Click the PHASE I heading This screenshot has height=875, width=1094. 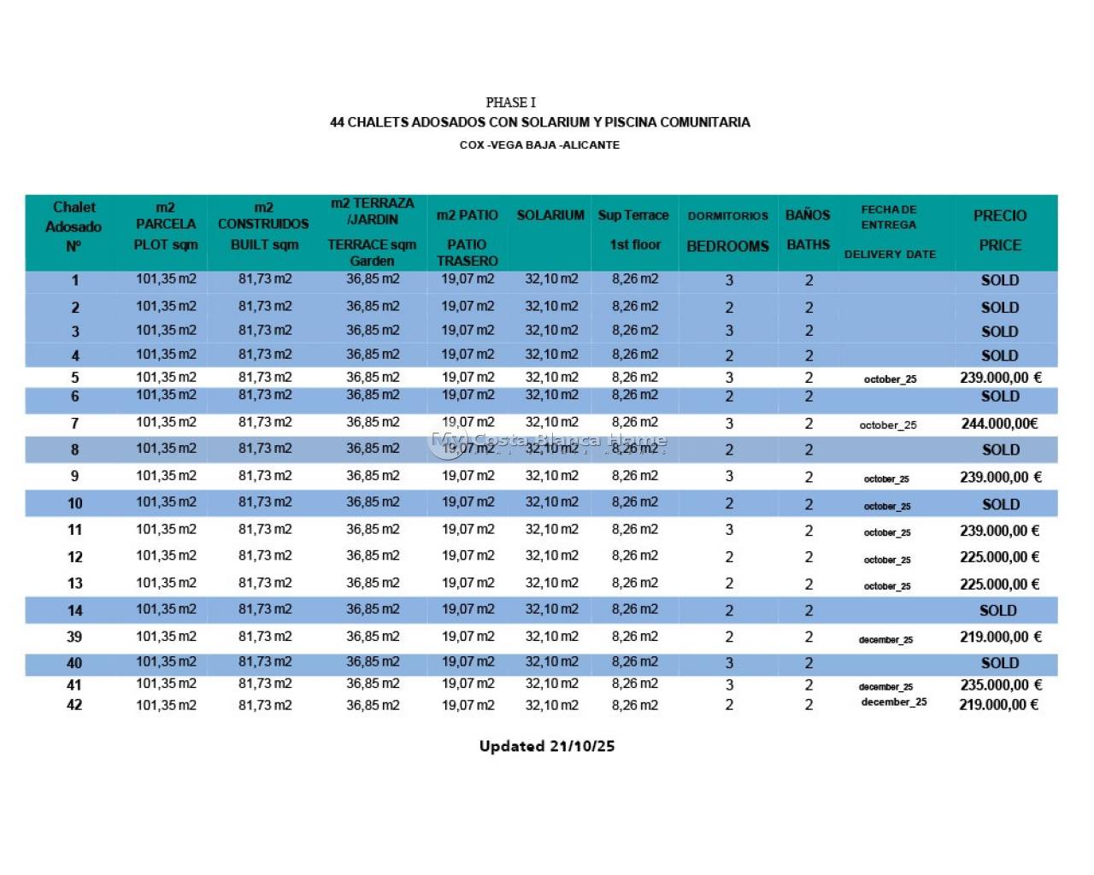click(510, 103)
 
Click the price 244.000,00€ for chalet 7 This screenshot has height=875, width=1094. click(999, 424)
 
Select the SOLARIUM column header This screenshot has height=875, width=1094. click(550, 215)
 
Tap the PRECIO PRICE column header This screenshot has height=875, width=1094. click(999, 231)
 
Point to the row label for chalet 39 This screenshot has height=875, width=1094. click(74, 637)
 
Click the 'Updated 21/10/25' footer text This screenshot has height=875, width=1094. click(547, 746)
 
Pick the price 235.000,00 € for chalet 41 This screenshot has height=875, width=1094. click(999, 685)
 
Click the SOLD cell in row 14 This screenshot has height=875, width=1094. click(998, 611)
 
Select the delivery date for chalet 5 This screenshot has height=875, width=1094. click(890, 379)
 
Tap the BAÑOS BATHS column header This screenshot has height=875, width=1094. click(808, 230)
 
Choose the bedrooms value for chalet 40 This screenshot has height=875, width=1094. click(729, 663)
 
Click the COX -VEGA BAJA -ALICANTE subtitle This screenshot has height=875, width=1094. click(539, 145)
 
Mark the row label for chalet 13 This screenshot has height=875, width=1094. click(74, 584)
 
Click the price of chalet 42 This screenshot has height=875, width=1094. click(998, 705)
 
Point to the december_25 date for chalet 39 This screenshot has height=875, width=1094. click(885, 640)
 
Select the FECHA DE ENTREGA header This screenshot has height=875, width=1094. click(889, 217)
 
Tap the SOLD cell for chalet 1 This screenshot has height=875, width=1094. click(999, 280)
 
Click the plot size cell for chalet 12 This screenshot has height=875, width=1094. click(166, 556)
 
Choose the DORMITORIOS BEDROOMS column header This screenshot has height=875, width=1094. click(728, 232)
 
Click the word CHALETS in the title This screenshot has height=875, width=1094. click(378, 122)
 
